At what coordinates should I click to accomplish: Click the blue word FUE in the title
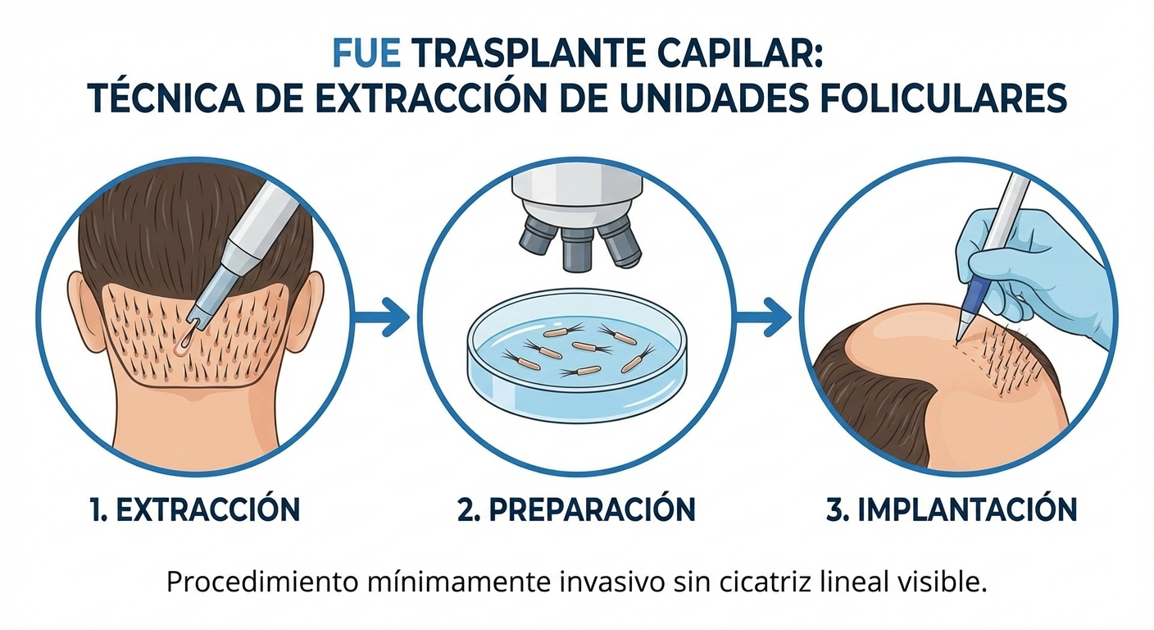pos(366,55)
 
